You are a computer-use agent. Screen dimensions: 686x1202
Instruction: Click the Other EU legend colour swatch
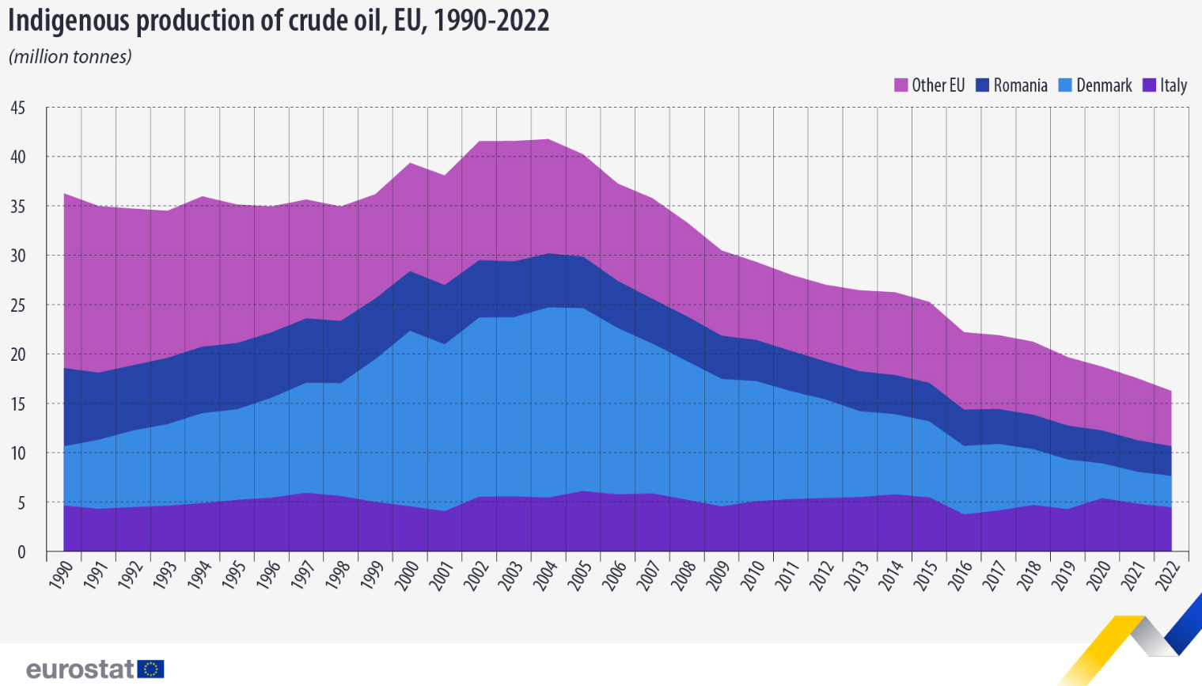point(901,85)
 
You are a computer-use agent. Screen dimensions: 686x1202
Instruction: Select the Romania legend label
point(1020,85)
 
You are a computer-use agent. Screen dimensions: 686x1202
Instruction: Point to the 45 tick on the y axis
point(18,108)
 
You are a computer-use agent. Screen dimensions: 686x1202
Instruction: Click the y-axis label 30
point(18,256)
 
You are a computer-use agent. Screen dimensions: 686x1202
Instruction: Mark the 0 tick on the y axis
point(21,551)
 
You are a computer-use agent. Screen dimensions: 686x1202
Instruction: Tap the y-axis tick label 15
point(18,404)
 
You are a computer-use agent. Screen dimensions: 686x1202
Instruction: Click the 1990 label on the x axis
point(61,574)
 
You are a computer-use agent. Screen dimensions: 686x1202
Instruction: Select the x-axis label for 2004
point(546,574)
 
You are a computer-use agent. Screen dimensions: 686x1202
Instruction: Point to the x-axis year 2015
point(927,574)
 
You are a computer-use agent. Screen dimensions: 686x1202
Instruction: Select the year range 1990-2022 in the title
point(491,21)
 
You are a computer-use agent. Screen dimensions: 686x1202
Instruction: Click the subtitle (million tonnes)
point(70,57)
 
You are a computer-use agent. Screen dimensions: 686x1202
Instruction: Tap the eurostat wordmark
point(80,669)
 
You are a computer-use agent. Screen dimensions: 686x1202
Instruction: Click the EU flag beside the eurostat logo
point(150,669)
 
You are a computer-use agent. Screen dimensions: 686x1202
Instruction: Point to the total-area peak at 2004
point(548,139)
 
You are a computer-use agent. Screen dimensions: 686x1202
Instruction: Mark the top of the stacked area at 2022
point(1171,391)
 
